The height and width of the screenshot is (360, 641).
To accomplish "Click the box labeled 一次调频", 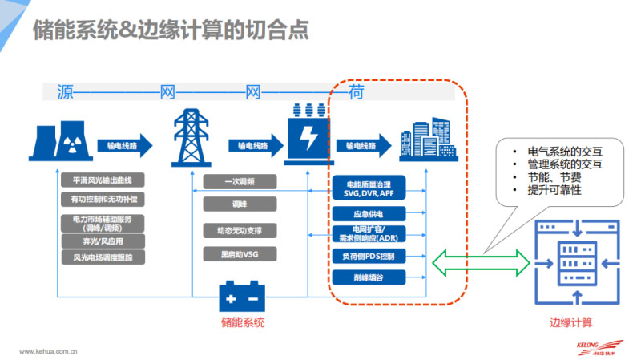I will [240, 181].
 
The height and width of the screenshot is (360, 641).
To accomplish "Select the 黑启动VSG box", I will [240, 256].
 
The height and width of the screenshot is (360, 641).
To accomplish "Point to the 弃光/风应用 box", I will [103, 241].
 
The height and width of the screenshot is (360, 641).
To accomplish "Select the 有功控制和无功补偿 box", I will [103, 198].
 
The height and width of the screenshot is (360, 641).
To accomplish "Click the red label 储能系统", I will [242, 322].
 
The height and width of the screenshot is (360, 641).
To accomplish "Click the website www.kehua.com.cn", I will [47, 350].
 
